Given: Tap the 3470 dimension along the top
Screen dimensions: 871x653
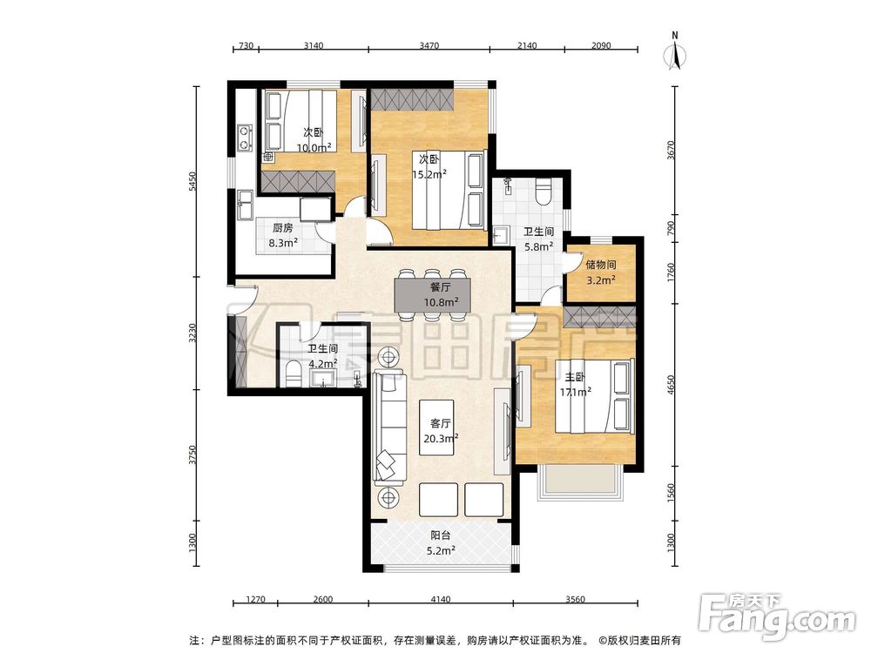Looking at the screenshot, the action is (429, 45).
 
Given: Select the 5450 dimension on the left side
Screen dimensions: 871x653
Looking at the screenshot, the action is (192, 182).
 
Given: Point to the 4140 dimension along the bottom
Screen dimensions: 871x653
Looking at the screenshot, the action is (440, 600).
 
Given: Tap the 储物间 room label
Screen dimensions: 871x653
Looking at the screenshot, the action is (600, 265).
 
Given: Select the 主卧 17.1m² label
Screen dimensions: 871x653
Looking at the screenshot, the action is (575, 385).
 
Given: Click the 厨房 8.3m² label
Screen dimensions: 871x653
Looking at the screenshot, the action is (283, 235).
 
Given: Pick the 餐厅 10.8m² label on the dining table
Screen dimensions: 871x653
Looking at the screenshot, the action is (441, 295).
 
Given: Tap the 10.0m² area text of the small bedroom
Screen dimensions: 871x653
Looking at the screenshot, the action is (314, 148).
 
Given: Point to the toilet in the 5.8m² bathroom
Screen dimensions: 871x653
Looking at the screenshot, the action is (543, 192).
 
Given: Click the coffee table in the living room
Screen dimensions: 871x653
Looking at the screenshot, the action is (436, 427).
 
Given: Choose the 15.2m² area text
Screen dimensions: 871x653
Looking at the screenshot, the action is (429, 174).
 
